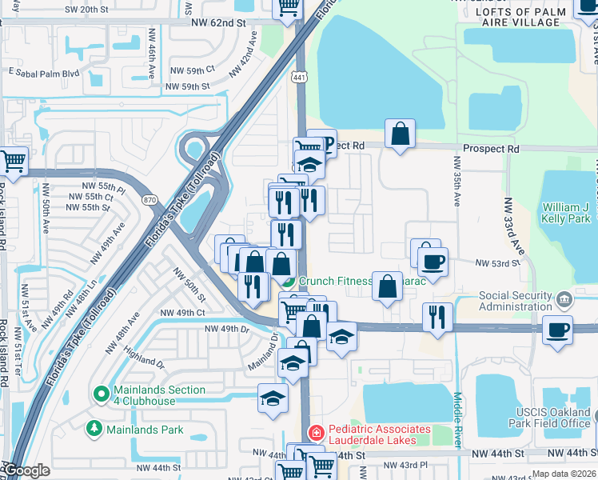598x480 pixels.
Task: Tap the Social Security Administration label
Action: [516, 301]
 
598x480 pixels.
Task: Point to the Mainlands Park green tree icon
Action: [94, 430]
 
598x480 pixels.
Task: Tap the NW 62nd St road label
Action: [217, 23]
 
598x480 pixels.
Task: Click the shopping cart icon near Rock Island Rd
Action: [14, 162]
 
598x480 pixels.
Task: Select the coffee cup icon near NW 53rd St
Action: [433, 263]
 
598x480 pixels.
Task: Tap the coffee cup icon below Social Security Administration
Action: [556, 330]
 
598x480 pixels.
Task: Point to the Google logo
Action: [26, 471]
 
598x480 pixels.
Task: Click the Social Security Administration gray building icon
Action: [565, 300]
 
